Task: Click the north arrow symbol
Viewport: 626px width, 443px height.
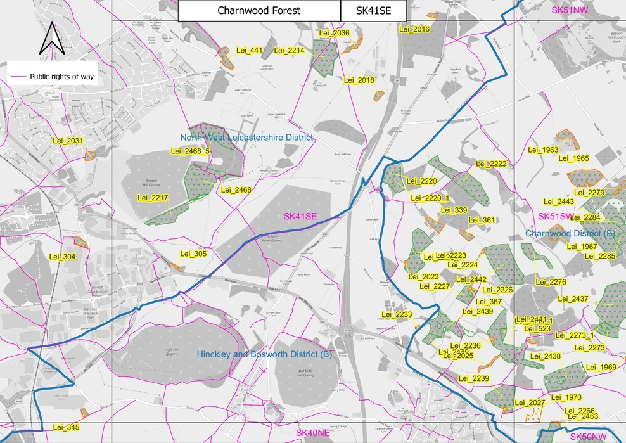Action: (50, 39)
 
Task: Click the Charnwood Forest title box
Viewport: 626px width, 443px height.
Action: (259, 11)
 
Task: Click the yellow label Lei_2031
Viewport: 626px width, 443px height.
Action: (66, 141)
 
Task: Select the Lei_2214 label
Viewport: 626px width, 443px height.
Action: (289, 51)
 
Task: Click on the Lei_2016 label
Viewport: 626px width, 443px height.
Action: (414, 29)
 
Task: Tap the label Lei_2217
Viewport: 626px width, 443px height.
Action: (153, 198)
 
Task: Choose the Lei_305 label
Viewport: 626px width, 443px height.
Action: (193, 254)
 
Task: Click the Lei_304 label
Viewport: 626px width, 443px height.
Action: (61, 257)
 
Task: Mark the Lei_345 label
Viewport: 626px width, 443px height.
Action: (66, 427)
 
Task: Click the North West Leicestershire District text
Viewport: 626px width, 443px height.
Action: (246, 138)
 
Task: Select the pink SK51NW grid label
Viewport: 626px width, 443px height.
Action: (570, 10)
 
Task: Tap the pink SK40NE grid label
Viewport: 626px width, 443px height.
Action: (313, 433)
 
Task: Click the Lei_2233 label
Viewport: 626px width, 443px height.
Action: (397, 314)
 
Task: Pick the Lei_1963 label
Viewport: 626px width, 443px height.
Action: (542, 150)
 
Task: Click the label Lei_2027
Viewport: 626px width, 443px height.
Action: (530, 403)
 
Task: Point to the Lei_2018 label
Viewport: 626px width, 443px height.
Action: (359, 80)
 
